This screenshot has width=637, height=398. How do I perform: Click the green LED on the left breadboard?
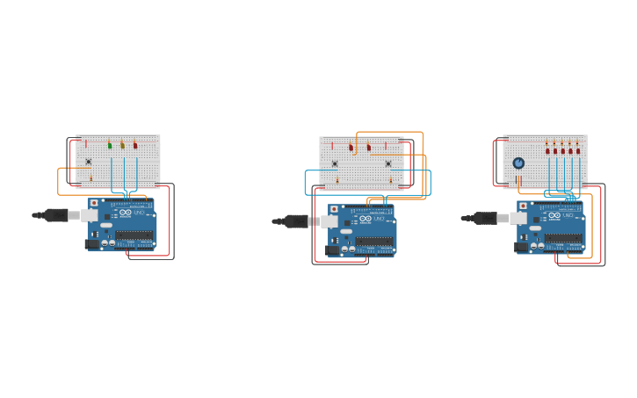point(110,145)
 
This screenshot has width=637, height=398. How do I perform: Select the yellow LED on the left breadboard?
point(122,145)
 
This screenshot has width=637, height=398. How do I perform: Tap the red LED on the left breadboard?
point(135,145)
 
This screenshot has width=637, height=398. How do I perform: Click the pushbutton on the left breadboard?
point(88,162)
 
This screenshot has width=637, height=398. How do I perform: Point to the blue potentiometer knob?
point(518,163)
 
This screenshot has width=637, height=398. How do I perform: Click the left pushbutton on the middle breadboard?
point(334,163)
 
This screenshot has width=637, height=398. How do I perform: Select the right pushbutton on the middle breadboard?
point(387,163)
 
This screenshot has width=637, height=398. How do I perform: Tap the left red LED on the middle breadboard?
point(351,148)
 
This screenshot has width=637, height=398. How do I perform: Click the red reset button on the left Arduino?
point(94,203)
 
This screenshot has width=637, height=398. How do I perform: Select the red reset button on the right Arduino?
point(523,206)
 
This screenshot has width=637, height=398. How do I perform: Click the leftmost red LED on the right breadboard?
point(547,150)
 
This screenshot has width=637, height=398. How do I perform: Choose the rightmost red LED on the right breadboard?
point(578,150)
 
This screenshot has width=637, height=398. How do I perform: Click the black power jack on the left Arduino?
point(90,243)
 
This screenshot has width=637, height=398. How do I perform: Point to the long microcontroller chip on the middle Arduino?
point(374,241)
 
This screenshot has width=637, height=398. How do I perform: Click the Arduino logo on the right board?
point(555,216)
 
